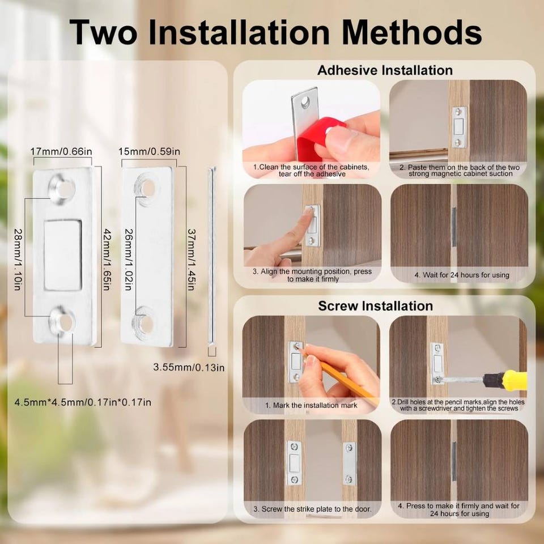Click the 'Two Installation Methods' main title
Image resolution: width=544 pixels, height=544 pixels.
[275, 32]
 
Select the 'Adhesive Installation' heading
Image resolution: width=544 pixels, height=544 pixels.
[385, 70]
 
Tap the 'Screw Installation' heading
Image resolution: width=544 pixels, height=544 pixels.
[375, 306]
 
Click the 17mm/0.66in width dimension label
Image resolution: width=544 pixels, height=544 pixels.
[61, 152]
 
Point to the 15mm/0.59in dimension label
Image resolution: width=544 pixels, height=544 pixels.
[149, 152]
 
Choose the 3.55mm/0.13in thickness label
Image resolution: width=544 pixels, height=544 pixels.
[189, 367]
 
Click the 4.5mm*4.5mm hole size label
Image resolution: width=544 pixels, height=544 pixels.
[83, 402]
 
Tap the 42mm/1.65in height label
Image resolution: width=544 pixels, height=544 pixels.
[106, 260]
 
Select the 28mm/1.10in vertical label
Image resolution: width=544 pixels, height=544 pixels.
[18, 259]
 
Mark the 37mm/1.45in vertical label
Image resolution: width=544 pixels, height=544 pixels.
[191, 259]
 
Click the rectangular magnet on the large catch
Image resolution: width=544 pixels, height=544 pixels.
[63, 255]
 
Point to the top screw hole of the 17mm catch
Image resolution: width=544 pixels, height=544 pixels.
[62, 188]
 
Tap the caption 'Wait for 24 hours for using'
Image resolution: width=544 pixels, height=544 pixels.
[462, 275]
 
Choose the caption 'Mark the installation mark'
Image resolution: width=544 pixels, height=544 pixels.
[311, 405]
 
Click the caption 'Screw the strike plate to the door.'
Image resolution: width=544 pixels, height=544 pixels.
[312, 509]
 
